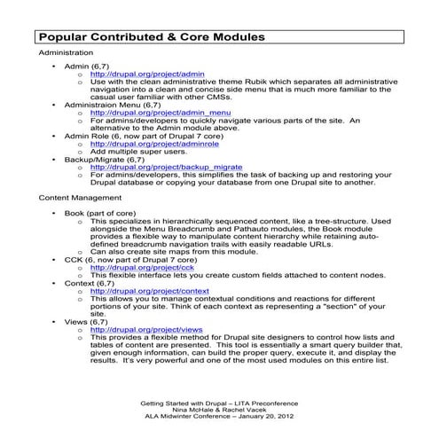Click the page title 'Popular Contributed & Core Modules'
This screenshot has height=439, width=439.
click(151, 38)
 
